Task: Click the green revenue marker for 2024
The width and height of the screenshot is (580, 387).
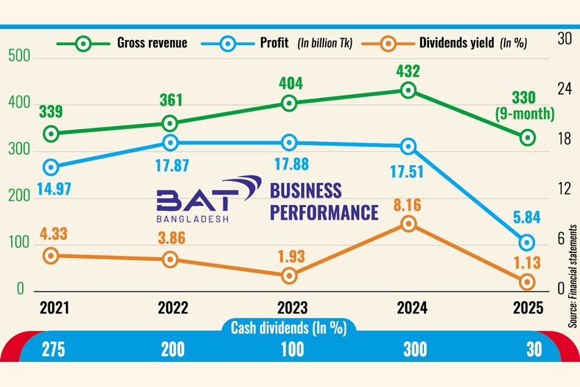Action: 408,91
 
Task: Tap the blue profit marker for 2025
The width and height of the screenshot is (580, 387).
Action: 527,243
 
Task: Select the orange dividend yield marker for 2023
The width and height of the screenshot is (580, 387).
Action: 289,275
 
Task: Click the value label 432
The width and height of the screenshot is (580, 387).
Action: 407,71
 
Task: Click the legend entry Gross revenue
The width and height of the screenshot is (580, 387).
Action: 152,44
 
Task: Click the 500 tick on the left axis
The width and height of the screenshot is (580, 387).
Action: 20,57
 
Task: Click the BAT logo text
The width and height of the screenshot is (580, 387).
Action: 193,199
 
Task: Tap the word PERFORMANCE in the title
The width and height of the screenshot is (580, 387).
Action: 324,212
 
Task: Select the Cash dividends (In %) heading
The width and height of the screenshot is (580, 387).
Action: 289,328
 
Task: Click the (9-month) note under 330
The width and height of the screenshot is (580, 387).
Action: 525,115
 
